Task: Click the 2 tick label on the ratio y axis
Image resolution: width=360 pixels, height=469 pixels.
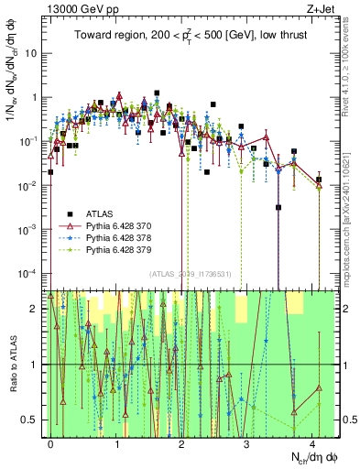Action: [x=36, y=308]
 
